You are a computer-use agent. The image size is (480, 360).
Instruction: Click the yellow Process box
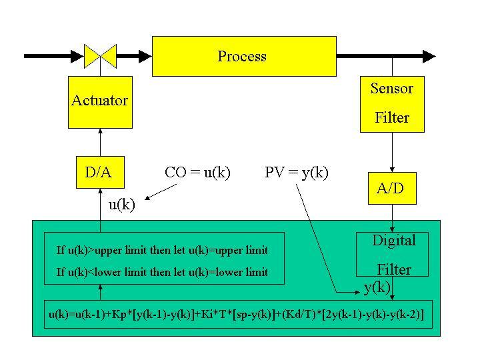[x=244, y=56]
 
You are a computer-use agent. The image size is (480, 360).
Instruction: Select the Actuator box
[x=100, y=102]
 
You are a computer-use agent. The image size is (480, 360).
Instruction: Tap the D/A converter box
[x=100, y=173]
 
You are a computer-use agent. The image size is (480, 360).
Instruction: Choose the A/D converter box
[x=392, y=188]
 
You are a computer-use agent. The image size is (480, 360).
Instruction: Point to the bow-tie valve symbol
[x=100, y=56]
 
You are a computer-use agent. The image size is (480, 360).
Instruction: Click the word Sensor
[x=392, y=89]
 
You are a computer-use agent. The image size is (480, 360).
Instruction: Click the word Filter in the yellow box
[x=392, y=117]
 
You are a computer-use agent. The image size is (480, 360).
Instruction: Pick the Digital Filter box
[x=392, y=255]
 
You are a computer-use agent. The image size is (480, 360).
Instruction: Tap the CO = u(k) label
[x=197, y=173]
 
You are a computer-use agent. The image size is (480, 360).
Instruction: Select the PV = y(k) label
[x=296, y=173]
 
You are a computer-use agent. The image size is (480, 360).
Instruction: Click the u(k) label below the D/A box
[x=122, y=205]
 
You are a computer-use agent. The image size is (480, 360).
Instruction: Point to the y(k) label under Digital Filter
[x=377, y=288]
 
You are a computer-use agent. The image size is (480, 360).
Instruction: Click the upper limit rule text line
[x=162, y=251]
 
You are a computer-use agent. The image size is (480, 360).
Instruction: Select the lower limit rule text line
[x=162, y=272]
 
